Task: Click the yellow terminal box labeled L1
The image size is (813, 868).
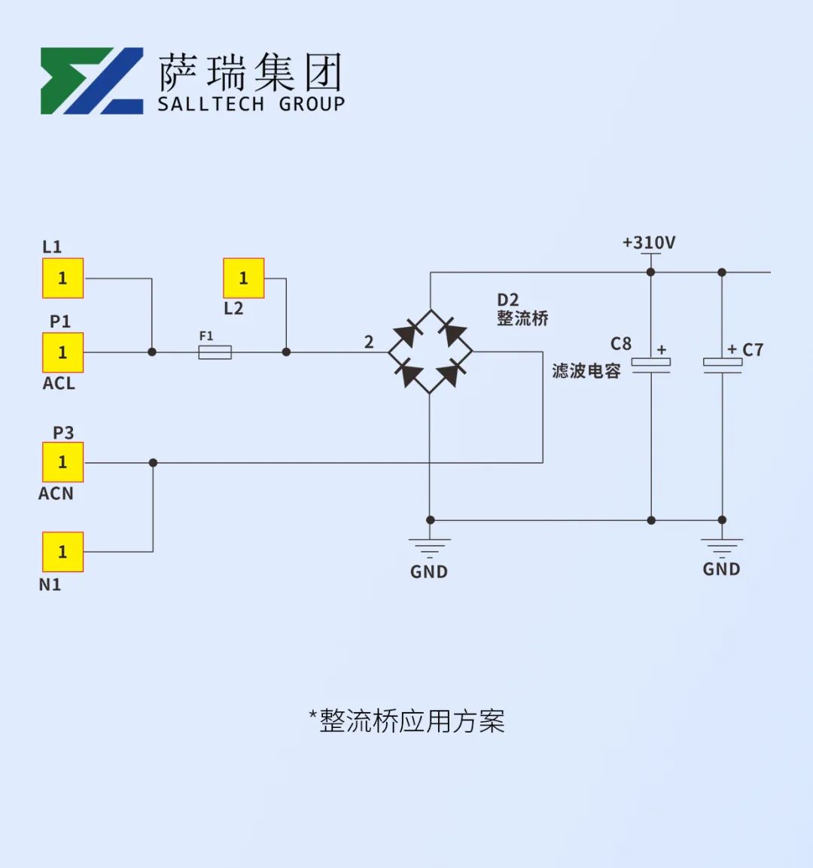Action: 62,278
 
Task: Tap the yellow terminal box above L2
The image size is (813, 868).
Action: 243,278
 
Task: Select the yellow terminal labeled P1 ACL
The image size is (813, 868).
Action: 62,352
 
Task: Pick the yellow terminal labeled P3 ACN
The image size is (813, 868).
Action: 62,462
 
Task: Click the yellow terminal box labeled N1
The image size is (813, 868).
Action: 62,552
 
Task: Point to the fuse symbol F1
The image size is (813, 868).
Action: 215,352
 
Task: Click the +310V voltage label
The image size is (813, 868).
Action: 649,242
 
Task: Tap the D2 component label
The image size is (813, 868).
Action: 507,300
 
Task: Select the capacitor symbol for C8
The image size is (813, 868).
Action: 651,365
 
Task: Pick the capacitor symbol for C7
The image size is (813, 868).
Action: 722,365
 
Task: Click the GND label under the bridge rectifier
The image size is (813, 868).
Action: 429,572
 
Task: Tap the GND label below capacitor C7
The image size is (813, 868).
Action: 721,569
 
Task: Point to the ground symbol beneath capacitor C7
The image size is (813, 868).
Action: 722,547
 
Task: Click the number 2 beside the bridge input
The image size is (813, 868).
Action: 369,342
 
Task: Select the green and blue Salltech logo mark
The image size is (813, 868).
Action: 92,81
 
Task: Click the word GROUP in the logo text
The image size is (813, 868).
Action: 312,104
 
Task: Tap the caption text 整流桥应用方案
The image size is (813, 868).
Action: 413,720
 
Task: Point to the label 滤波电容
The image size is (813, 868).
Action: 586,370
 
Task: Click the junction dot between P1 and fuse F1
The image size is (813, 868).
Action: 152,352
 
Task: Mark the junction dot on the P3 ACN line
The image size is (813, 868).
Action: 154,463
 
